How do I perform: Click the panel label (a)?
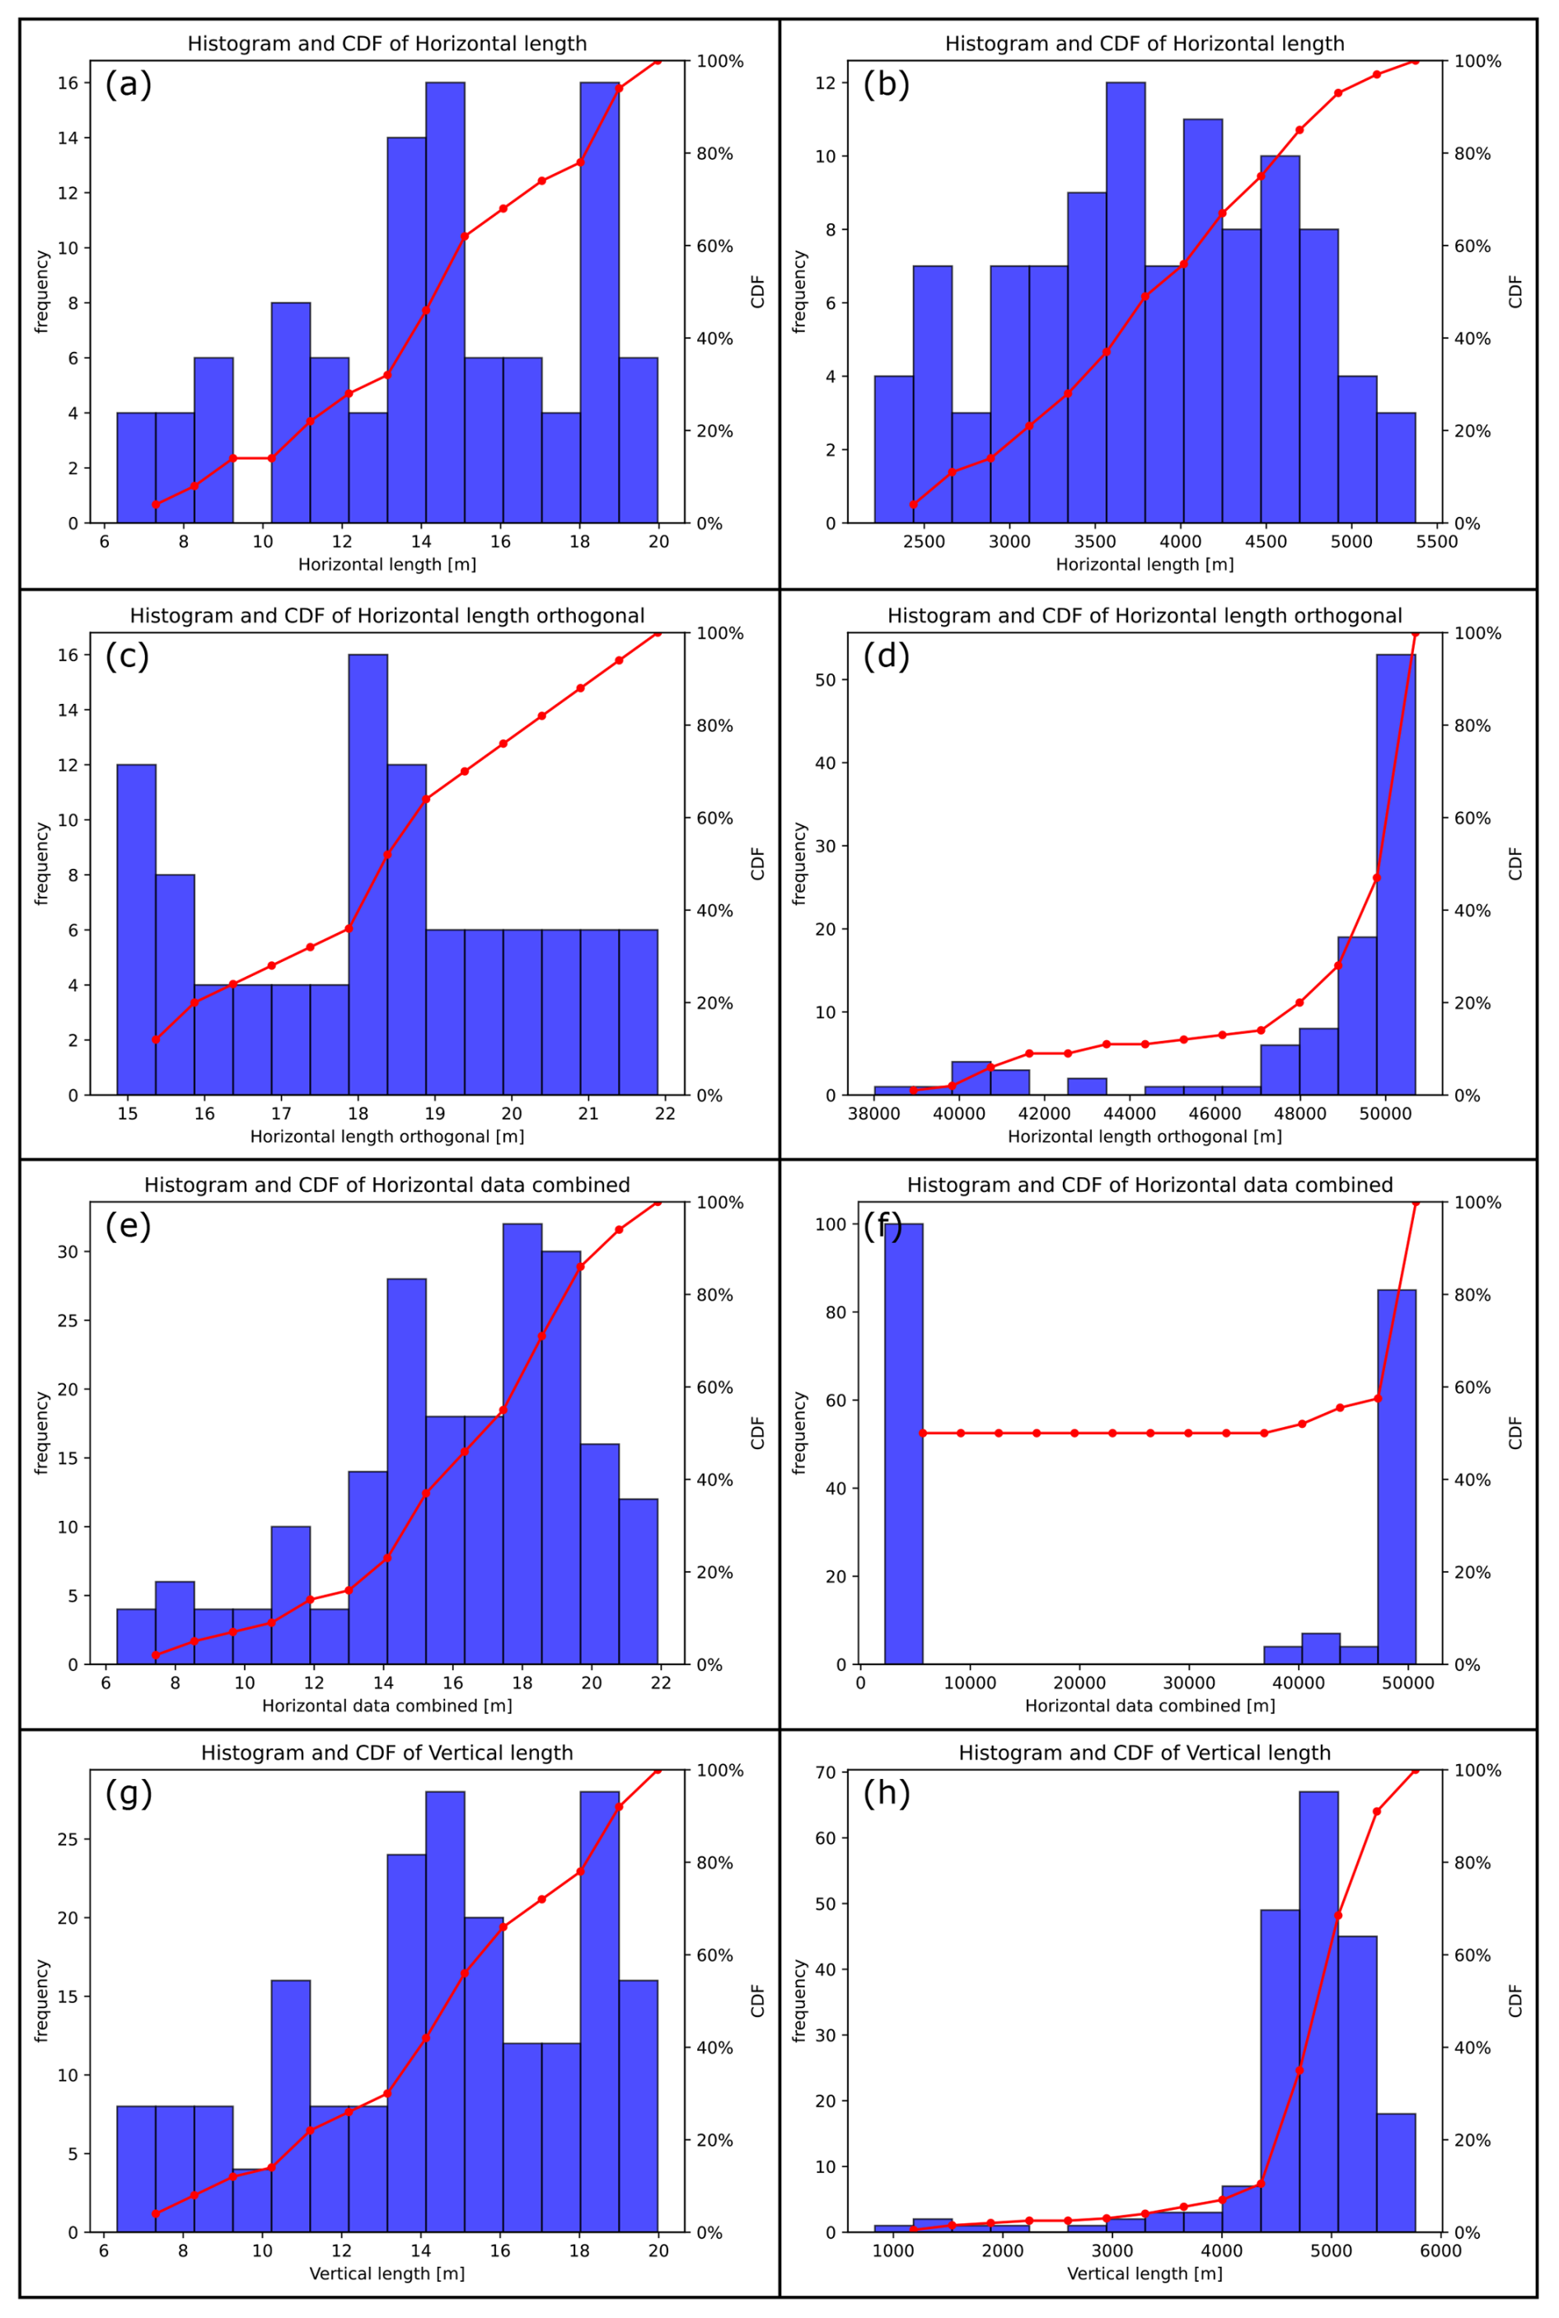pos(129,85)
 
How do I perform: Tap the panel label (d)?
pos(886,656)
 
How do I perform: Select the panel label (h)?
pos(886,1793)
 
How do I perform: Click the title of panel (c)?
pos(386,616)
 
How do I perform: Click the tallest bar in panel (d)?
pos(1395,875)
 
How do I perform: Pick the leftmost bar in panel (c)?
pos(136,930)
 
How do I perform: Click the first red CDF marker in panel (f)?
pos(923,1433)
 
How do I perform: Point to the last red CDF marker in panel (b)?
pos(1415,61)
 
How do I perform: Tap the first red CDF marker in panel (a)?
pos(155,504)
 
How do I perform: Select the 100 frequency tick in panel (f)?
pos(822,1224)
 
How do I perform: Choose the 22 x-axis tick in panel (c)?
pos(665,1114)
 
